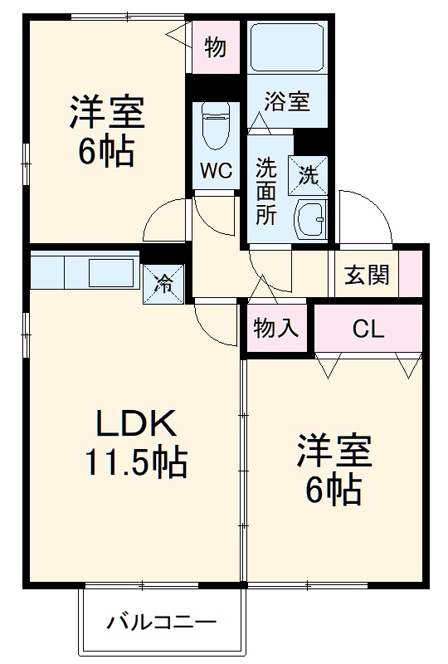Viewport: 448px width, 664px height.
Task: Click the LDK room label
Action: [136, 425]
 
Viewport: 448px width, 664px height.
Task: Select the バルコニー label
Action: [161, 622]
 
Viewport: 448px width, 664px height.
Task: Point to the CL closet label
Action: [368, 329]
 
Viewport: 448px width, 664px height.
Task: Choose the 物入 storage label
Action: [275, 329]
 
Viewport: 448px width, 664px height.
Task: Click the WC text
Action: [214, 172]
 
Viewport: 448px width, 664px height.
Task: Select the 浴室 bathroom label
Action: [287, 102]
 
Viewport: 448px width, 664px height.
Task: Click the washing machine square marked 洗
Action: [308, 174]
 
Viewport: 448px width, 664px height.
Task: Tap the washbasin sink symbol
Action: [309, 218]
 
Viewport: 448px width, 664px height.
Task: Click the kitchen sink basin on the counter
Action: [110, 271]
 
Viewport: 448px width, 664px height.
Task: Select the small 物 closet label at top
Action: [216, 48]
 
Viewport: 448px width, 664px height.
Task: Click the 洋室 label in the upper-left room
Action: [107, 113]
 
